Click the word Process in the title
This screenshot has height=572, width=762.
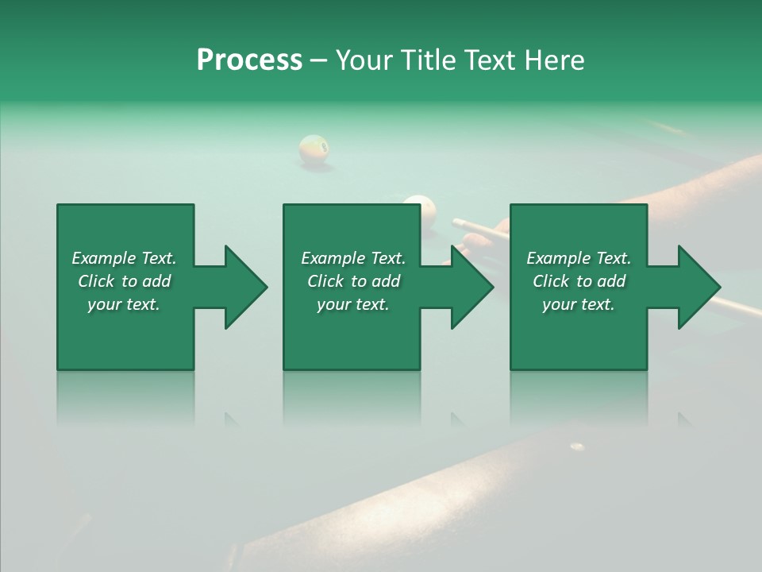coord(249,60)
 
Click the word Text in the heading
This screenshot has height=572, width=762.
coord(491,60)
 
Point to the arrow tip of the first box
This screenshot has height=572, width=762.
coord(265,287)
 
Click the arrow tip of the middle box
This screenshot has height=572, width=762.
coord(491,287)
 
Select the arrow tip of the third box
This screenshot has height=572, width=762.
coord(718,287)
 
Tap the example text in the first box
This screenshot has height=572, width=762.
coord(124,281)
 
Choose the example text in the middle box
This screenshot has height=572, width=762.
coord(353,281)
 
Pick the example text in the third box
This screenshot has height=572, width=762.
coord(579,281)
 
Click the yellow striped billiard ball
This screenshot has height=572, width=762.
coord(314,149)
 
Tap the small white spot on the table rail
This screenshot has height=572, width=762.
coord(577,447)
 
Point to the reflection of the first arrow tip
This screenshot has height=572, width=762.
coord(230,418)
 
